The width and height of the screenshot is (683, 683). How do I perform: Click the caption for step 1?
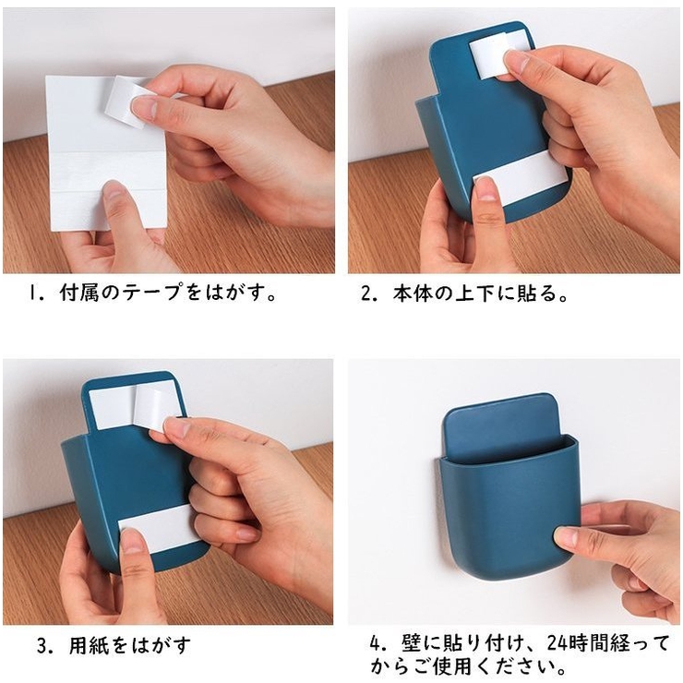(x=152, y=294)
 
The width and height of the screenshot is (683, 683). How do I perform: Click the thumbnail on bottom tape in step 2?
(x=485, y=189)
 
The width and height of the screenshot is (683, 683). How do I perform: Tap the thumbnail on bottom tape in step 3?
(x=132, y=541)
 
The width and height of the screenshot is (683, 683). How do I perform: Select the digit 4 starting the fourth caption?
(x=376, y=644)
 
